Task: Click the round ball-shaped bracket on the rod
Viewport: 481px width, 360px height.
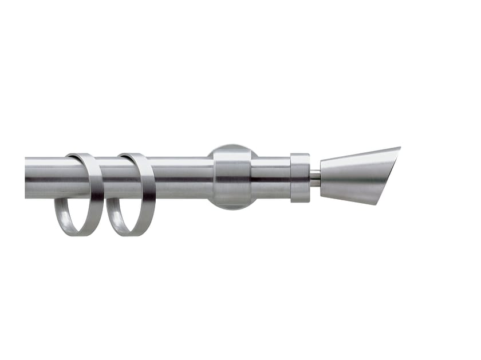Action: coord(232,176)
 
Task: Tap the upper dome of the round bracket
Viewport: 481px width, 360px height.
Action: coord(232,150)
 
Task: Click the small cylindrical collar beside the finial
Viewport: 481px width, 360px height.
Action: coord(300,177)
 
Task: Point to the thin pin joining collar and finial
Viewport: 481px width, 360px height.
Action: coord(315,178)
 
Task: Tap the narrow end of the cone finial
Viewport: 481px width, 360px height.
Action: coord(323,177)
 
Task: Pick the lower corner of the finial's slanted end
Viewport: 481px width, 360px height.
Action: coord(378,203)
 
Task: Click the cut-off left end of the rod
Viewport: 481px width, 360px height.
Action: coord(27,178)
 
